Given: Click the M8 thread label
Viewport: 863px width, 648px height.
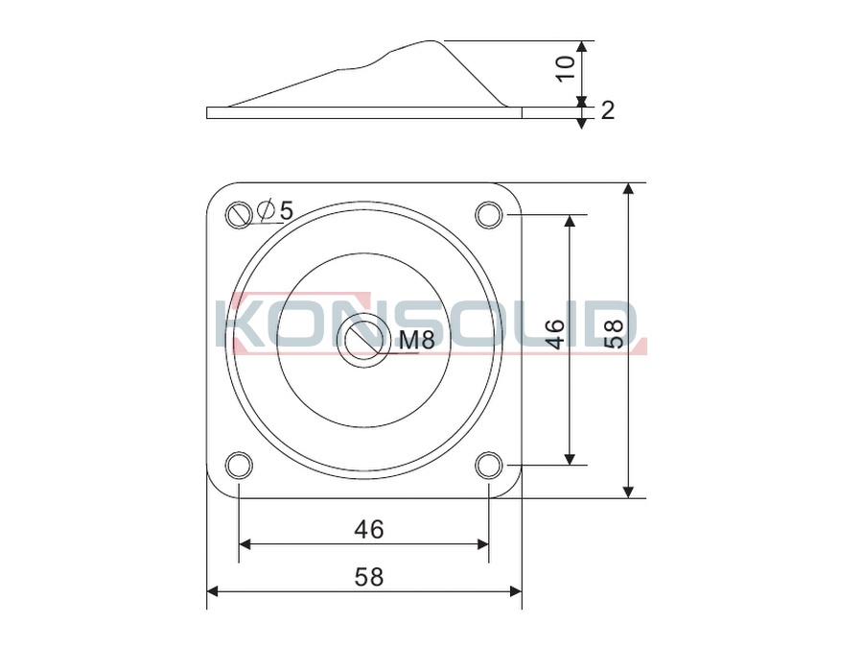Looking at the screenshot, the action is pos(417,340).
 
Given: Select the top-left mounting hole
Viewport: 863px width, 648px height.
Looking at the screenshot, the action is pos(240,214).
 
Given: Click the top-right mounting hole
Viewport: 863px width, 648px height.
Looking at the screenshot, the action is pos(489,214).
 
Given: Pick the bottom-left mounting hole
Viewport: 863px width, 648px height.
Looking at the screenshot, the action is pos(240,465).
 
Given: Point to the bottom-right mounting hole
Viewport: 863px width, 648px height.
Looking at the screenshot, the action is pos(489,465).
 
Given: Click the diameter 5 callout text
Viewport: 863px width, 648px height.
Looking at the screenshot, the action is pos(276,210).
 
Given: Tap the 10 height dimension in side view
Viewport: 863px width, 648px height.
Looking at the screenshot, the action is pos(566,69).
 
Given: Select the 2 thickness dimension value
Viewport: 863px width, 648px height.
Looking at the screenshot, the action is pos(608,110).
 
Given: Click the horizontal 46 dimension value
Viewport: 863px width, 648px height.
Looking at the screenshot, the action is pos(369,530).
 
